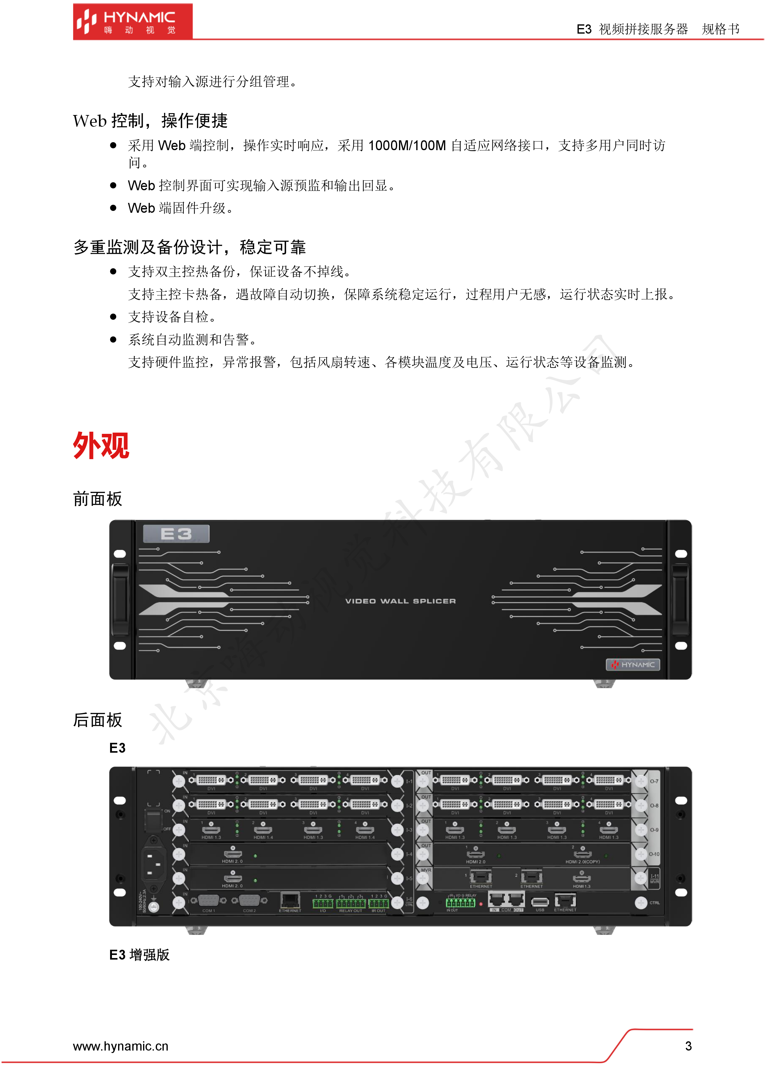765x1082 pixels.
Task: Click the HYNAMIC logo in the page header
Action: tap(133, 22)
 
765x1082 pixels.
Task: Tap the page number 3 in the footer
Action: tap(688, 1046)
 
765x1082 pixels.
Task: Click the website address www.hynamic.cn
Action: tap(121, 1046)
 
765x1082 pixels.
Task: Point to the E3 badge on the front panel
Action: tap(176, 534)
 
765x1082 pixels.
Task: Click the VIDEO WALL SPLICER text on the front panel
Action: tap(400, 601)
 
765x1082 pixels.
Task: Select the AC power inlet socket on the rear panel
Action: tap(154, 864)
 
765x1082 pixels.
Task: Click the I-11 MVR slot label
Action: tap(654, 878)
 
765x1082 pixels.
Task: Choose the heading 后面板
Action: tap(97, 720)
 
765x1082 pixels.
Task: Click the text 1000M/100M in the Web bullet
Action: tap(406, 146)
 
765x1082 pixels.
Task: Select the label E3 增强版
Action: tap(139, 954)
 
